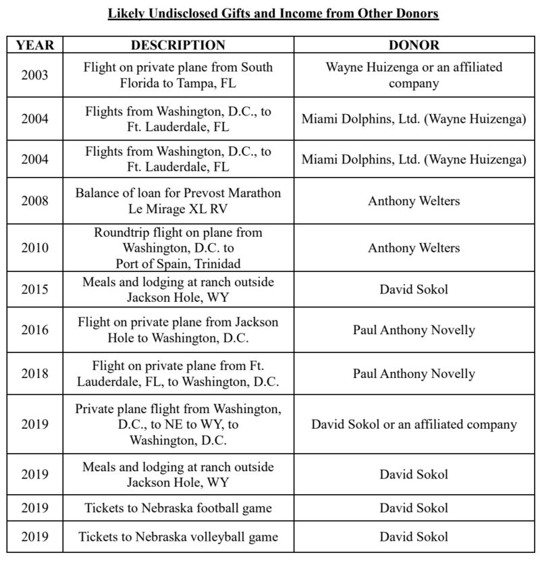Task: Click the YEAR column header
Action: pos(34,45)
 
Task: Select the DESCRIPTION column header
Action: pos(178,45)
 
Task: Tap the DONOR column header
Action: pos(413,45)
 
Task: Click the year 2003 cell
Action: pos(34,75)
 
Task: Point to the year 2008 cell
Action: pos(34,200)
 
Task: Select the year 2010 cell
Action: pos(34,248)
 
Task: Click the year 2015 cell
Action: pos(34,289)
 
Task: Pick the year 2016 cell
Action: pos(34,329)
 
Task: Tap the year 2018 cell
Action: pos(34,373)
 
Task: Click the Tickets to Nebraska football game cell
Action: pos(178,508)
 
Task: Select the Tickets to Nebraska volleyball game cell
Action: pos(178,537)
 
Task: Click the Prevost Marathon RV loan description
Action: pos(178,200)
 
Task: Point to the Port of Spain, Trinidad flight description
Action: pos(178,248)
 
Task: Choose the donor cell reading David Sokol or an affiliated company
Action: pos(413,425)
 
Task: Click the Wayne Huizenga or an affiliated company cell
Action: pos(413,75)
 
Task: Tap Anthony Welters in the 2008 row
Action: pos(413,200)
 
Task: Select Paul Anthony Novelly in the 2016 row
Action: pos(413,329)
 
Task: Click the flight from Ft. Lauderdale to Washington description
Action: pos(178,373)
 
